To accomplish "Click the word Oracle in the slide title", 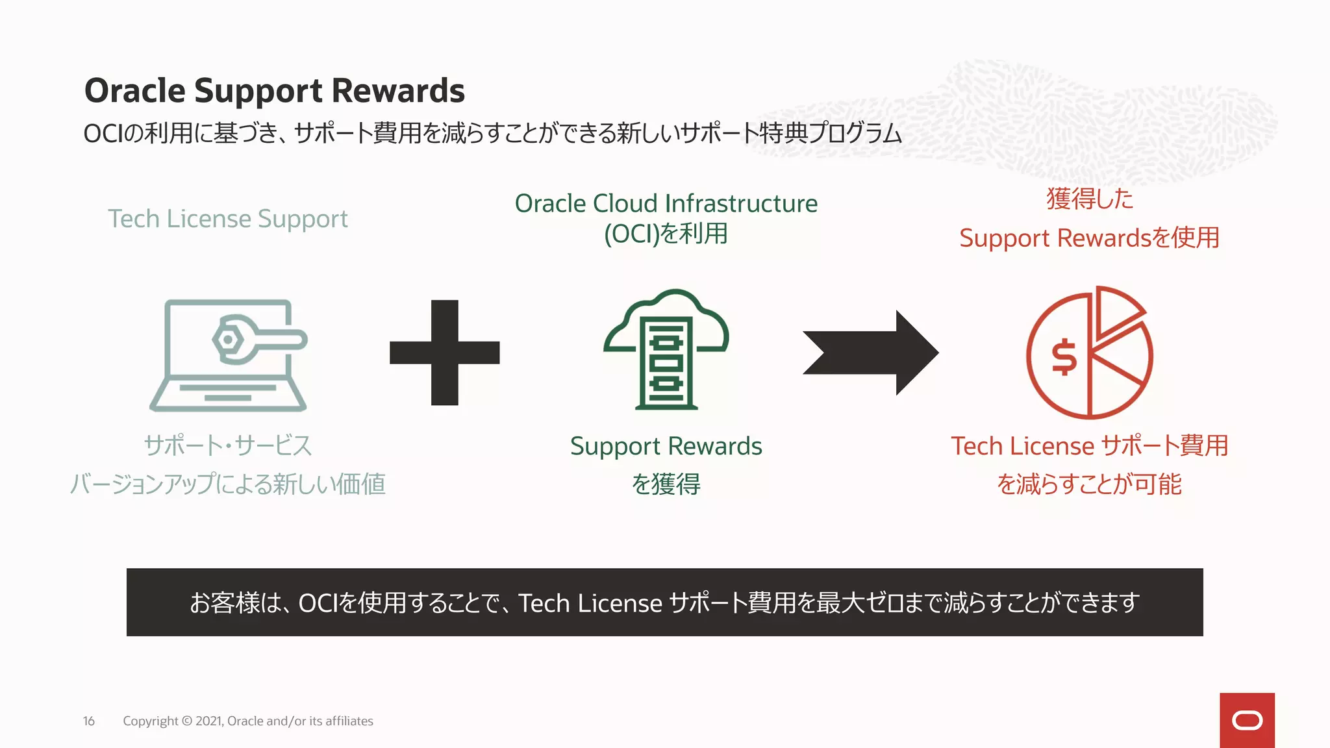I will point(135,90).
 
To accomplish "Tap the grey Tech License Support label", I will point(227,219).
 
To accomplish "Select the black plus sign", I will point(445,353).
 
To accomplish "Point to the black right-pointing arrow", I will point(870,353).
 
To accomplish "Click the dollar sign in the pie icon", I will point(1064,357).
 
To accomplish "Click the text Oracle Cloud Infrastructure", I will point(666,203).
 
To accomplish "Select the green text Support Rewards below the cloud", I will point(666,446).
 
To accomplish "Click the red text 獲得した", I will point(1090,199).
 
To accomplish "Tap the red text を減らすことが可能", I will point(1089,484).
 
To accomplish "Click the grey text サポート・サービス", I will point(227,446).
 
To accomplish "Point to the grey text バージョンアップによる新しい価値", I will point(227,484).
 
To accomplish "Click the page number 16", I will point(89,721).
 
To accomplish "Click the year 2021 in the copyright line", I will point(209,721).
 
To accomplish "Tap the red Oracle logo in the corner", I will point(1247,720).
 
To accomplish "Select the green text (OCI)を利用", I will point(666,234).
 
